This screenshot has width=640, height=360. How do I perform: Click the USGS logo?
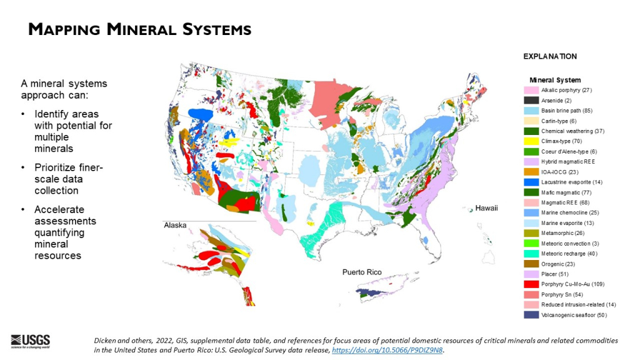coord(31,341)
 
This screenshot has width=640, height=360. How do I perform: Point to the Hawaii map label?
coord(486,208)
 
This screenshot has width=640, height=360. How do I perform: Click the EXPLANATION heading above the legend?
coord(550,56)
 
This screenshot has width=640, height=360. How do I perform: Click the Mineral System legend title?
coord(555,80)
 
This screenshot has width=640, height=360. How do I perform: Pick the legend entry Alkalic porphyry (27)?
coord(566,91)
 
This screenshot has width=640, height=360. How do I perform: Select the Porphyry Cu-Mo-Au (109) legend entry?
coord(571,284)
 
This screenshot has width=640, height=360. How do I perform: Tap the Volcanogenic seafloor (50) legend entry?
coord(573,315)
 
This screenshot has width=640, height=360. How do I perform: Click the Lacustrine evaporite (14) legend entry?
coord(570,182)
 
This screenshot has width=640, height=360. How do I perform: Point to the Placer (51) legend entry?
coord(556,274)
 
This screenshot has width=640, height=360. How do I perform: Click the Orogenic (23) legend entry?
coord(559,264)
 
